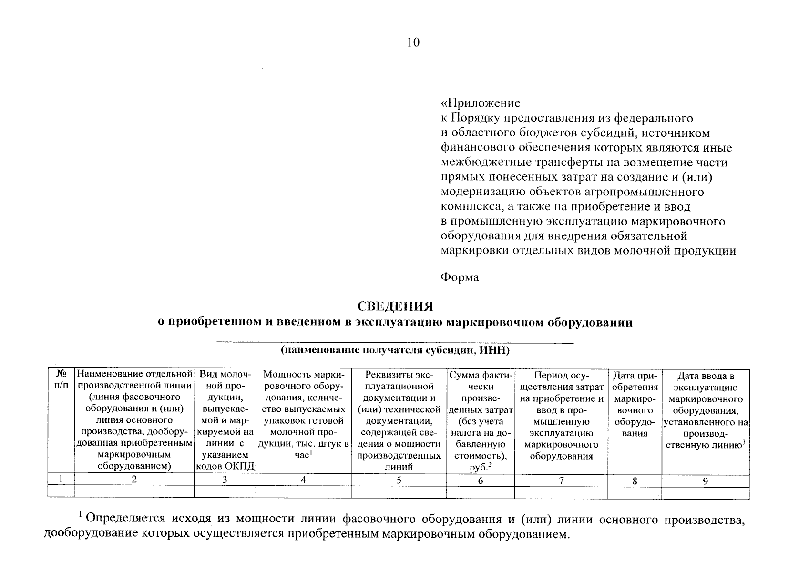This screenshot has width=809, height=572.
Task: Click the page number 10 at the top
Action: tap(413, 43)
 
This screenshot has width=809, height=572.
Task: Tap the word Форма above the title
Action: tap(460, 277)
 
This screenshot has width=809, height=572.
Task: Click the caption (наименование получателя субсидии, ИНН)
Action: tap(395, 351)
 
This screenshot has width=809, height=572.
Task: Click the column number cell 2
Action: tap(134, 480)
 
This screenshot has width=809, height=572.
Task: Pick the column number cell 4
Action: tap(303, 480)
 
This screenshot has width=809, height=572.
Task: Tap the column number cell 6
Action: tap(481, 480)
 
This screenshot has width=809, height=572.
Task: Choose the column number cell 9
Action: tap(705, 481)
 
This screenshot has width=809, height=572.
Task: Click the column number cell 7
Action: tap(561, 480)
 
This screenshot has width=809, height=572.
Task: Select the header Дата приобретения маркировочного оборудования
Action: tap(635, 404)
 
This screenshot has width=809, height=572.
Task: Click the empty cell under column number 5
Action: tap(399, 491)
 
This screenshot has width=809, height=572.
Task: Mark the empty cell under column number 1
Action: tap(61, 491)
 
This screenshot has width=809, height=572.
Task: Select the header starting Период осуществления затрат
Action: tap(561, 415)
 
